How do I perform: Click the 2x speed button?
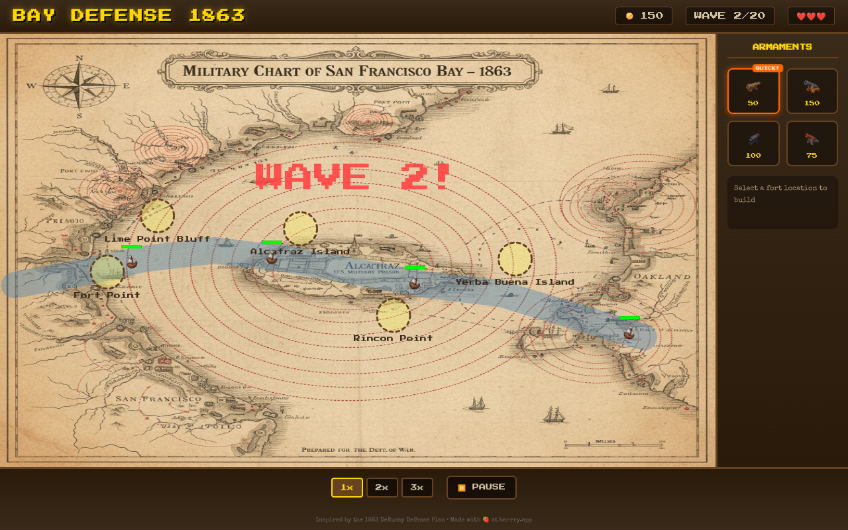point(382,488)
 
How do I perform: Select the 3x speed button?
point(417,488)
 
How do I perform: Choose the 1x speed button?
point(347,488)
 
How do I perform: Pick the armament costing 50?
point(753,91)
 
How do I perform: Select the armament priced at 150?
point(812,91)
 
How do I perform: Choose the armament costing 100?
point(753,144)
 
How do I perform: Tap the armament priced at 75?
point(812,144)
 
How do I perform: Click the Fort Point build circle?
point(107,272)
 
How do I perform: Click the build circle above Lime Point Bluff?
point(158,216)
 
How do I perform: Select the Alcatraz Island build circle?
point(300,229)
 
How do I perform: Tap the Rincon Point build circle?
point(394,315)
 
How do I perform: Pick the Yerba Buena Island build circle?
point(515,259)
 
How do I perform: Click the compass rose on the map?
point(79,86)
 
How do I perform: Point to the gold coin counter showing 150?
point(644,16)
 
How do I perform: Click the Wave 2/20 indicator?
point(729,16)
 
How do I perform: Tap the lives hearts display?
point(811,16)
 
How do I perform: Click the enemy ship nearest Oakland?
point(629,333)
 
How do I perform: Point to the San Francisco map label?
point(158,399)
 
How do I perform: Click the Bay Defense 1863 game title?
point(129,16)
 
